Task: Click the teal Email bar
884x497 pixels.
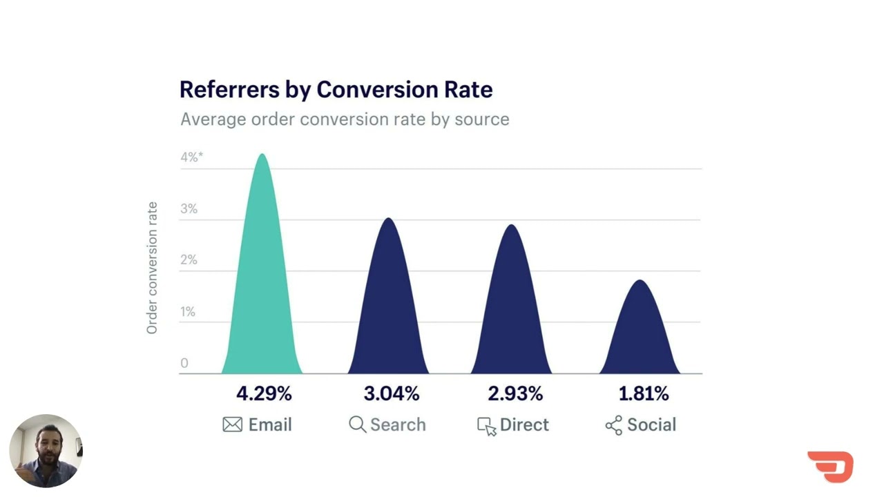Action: click(x=262, y=290)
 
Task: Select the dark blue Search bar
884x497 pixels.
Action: click(x=388, y=311)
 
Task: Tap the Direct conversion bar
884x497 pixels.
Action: click(x=512, y=314)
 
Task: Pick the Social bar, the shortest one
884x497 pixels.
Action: click(x=640, y=335)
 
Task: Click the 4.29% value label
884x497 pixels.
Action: click(x=264, y=393)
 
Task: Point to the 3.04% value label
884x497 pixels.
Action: click(x=391, y=393)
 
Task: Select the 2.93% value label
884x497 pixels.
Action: click(x=515, y=393)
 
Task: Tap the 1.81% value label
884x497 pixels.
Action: click(x=643, y=393)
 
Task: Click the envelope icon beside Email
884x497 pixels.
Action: click(x=233, y=425)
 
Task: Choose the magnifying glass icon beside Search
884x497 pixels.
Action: click(x=357, y=425)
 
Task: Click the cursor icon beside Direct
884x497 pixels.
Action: click(x=486, y=426)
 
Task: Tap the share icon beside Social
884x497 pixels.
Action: click(x=613, y=425)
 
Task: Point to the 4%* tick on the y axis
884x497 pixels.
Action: click(x=191, y=157)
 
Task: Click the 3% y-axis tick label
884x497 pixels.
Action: click(x=189, y=208)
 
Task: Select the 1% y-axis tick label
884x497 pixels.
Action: click(x=188, y=311)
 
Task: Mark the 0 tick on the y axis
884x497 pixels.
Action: click(x=184, y=363)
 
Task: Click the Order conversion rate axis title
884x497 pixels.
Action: click(x=152, y=268)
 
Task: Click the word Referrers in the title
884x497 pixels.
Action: click(x=229, y=90)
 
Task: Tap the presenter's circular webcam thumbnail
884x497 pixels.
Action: click(x=46, y=451)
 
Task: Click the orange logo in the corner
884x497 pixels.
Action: click(x=831, y=467)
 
